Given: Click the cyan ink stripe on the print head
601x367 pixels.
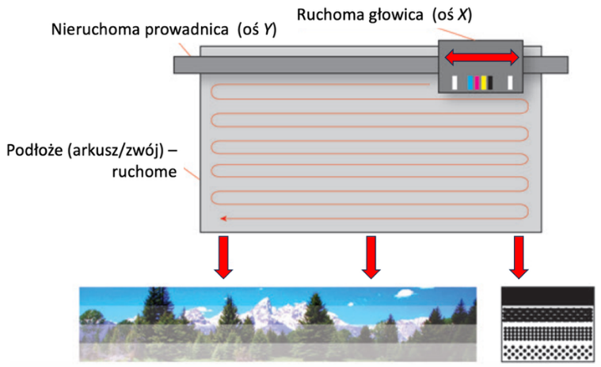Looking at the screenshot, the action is click(x=470, y=83).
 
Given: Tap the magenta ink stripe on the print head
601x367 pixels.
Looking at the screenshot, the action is click(x=477, y=83).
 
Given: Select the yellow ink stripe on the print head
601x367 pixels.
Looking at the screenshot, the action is click(x=484, y=83).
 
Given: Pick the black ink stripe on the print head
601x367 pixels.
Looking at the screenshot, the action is click(x=490, y=83).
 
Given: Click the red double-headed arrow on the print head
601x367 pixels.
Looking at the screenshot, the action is click(x=481, y=58).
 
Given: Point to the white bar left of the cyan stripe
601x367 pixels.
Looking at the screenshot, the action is click(x=455, y=83).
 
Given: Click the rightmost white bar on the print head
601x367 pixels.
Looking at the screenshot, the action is click(x=510, y=83).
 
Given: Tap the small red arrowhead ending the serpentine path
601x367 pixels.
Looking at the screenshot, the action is click(x=223, y=219).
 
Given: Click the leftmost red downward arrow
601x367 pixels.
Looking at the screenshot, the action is click(x=223, y=257).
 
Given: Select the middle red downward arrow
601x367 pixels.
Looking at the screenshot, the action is click(x=371, y=257).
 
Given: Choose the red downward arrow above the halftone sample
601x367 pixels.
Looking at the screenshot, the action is click(x=519, y=257).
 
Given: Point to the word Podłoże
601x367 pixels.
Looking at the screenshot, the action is click(x=34, y=151).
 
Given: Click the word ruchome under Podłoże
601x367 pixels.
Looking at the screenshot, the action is click(x=144, y=171).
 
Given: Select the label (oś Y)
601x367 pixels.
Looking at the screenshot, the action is click(x=257, y=29).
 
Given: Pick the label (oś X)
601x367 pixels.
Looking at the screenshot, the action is click(x=452, y=15).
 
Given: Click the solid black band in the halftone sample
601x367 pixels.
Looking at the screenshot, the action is click(x=548, y=296).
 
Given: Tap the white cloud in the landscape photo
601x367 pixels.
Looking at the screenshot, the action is click(x=404, y=294).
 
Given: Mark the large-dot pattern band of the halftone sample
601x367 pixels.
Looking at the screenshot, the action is click(x=548, y=353).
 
